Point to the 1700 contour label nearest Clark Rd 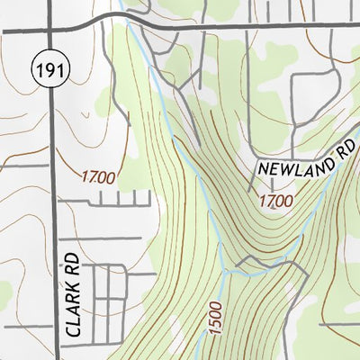coord(96,178)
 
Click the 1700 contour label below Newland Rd coord(275,202)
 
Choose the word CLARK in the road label coord(72,310)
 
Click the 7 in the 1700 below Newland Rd coord(269,202)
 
